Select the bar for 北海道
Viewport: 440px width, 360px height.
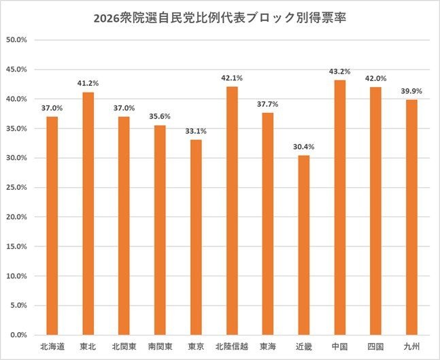pos(52,225)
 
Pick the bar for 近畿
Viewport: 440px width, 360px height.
pos(303,245)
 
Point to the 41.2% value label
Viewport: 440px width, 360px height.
pos(88,83)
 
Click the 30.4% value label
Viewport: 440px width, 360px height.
pos(303,146)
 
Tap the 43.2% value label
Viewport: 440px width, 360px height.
pos(339,71)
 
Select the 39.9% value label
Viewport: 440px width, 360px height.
pos(412,91)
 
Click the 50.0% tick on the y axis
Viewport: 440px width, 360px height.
pos(16,39)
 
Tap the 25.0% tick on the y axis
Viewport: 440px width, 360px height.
pos(16,187)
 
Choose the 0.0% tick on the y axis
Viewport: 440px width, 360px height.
pos(18,335)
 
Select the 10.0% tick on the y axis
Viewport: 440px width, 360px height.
pos(16,276)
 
